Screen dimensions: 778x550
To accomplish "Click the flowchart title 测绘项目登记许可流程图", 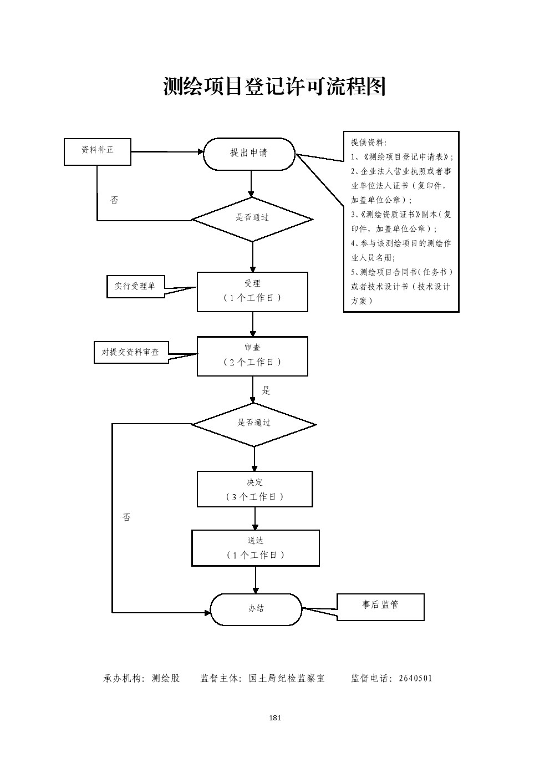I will pos(274,87).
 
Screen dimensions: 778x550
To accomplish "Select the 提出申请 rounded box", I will pos(249,154).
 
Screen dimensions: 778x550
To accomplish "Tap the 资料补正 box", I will pos(98,151).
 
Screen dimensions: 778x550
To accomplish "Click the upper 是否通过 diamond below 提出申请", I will pos(252,219).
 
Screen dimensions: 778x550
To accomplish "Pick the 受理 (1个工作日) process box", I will pos(252,291).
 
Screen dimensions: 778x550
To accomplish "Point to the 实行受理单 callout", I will pos(135,286).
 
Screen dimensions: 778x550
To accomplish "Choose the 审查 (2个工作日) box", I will pos(252,355).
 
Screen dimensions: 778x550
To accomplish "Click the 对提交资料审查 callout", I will pos(130,352).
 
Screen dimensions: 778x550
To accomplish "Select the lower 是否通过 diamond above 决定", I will pos(254,424).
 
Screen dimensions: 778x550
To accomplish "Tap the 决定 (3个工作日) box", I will pos(254,489).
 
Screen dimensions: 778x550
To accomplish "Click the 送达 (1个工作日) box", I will pos(256,548).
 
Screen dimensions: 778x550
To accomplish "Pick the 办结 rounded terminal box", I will pos(256,609).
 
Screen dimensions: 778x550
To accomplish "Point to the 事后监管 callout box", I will pos(380,606).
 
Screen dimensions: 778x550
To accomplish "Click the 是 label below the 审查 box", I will pos(266,390).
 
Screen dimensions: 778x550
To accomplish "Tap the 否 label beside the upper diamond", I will pos(114,200).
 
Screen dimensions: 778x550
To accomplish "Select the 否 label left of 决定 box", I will pos(126,517).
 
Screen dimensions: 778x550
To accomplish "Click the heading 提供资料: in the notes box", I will pos(369,143).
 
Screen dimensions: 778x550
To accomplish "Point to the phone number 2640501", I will pos(415,678).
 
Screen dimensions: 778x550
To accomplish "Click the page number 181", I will pos(275,718).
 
